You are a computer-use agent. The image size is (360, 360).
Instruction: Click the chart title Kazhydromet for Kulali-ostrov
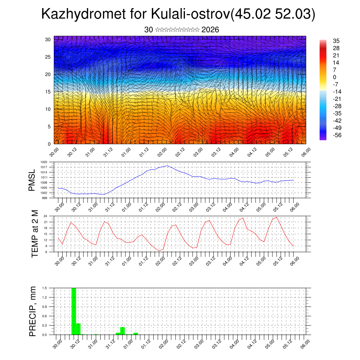click(178, 14)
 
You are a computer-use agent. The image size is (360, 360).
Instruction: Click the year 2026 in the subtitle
click(210, 30)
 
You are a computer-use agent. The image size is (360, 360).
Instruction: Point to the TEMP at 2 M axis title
click(34, 233)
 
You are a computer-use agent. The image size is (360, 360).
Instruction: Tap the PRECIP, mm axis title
click(33, 311)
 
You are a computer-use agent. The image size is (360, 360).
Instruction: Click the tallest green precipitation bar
click(74, 311)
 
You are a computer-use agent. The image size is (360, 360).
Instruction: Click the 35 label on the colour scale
click(336, 41)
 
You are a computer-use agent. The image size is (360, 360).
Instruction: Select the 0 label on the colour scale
click(335, 77)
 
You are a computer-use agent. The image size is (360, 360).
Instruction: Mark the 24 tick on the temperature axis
click(46, 216)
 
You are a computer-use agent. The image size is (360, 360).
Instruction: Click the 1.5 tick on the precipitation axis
click(45, 288)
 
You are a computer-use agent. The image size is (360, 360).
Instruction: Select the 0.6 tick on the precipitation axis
click(45, 316)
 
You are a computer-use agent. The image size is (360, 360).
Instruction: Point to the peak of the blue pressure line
click(167, 166)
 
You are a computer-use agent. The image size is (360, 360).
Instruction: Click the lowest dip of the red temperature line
click(159, 251)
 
